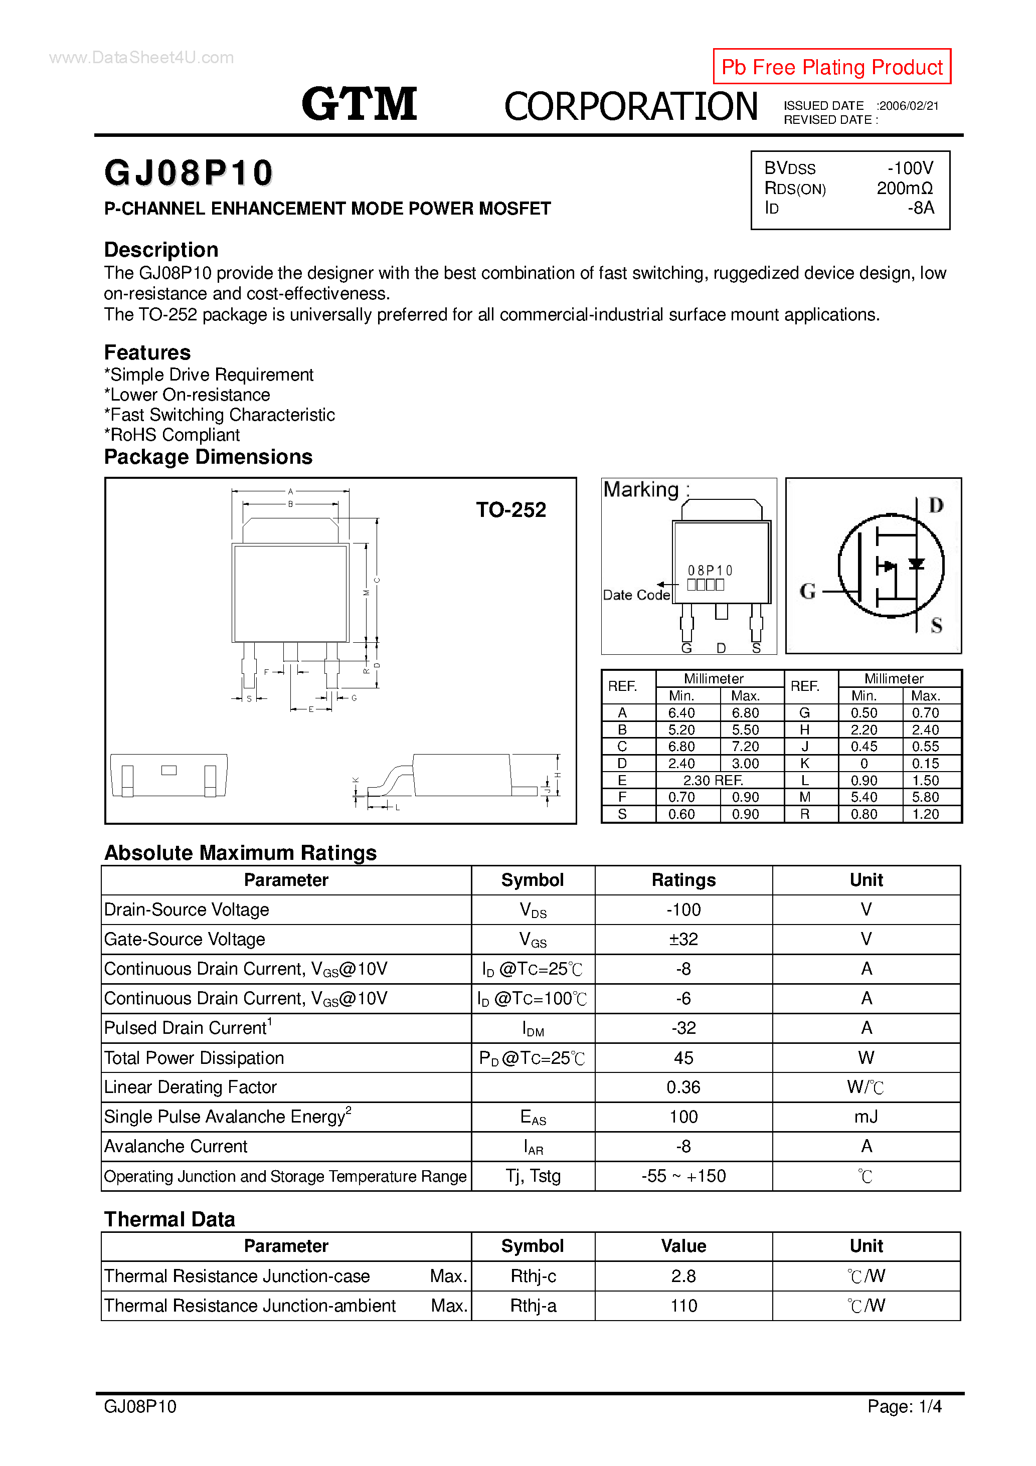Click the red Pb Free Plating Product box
[831, 66]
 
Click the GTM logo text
[359, 104]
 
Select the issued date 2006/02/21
[908, 106]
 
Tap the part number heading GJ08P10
[189, 173]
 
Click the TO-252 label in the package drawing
[510, 509]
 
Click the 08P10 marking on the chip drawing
[710, 570]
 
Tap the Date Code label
[636, 595]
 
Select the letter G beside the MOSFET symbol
[807, 591]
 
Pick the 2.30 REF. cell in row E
[713, 780]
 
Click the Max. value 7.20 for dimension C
[745, 747]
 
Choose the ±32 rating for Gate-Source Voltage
[683, 939]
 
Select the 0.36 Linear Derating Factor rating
[683, 1087]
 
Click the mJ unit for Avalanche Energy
[866, 1117]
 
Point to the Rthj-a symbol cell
[533, 1306]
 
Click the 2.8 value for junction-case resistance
[683, 1276]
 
